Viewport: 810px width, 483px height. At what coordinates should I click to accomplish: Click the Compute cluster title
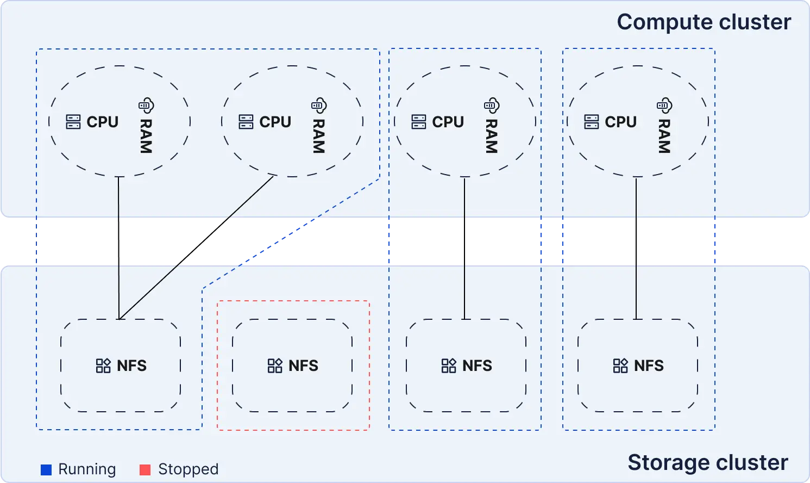[x=704, y=22]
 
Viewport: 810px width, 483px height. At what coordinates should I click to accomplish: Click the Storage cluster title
[x=707, y=462]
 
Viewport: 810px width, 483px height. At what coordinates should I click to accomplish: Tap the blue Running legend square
[x=46, y=469]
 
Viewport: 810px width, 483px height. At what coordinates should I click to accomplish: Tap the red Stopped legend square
[x=145, y=469]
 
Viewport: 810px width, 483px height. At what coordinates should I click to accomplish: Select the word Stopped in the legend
[x=188, y=469]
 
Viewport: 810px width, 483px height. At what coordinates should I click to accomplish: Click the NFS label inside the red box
[x=303, y=366]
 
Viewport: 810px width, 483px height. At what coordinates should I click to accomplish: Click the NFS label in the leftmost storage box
[x=131, y=366]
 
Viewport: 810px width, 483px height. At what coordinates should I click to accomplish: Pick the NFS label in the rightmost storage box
[x=649, y=366]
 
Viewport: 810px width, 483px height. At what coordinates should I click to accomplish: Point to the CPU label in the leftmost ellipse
[x=102, y=122]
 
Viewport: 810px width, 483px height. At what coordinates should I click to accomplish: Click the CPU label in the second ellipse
[x=275, y=122]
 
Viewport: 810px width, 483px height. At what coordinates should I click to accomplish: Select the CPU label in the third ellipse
[x=448, y=122]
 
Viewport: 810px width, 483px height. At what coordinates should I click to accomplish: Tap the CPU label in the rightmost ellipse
[x=620, y=122]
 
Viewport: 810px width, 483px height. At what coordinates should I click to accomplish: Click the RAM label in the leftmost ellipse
[x=146, y=136]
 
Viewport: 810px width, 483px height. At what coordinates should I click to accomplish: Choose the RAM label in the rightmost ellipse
[x=664, y=136]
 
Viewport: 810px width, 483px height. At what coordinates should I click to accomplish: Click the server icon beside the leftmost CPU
[x=73, y=122]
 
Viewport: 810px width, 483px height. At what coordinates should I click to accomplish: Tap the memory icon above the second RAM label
[x=319, y=105]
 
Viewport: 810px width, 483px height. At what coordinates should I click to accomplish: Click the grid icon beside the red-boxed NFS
[x=275, y=366]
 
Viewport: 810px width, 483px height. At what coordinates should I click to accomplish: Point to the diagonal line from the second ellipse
[x=250, y=197]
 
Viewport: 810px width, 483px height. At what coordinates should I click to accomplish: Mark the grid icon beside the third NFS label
[x=449, y=366]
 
